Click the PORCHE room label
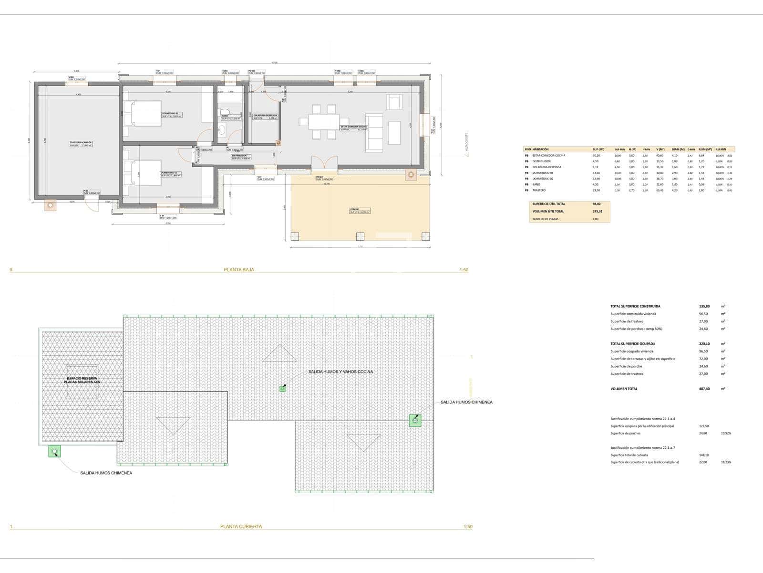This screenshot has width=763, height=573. tap(354, 209)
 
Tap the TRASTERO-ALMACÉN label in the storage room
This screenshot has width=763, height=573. tap(80, 143)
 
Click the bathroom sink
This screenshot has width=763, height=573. tap(222, 129)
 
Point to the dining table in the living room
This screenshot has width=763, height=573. tap(324, 122)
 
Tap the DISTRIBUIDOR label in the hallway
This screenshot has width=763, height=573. tap(239, 156)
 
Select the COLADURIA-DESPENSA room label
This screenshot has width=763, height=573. tap(265, 116)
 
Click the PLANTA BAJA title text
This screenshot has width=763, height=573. tap(239, 270)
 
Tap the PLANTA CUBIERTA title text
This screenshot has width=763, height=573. tap(241, 527)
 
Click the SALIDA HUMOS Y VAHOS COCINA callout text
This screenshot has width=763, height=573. tap(340, 371)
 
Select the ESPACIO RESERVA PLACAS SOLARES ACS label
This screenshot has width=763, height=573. tap(82, 380)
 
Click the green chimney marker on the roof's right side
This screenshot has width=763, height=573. tap(415, 420)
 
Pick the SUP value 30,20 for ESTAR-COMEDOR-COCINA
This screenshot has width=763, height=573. tap(596, 156)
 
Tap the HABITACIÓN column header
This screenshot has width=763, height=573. tap(540, 149)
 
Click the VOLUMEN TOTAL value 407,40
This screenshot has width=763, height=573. tap(703, 389)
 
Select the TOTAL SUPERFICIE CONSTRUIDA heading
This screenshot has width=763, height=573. tap(635, 306)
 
